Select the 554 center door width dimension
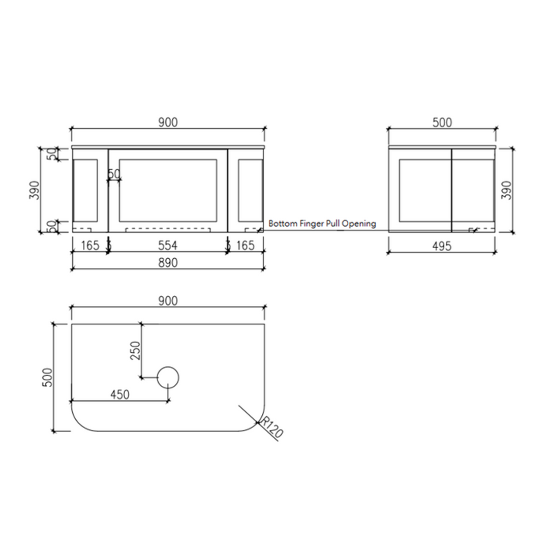click(x=167, y=246)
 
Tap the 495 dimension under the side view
click(x=442, y=246)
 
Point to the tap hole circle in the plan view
click(x=168, y=377)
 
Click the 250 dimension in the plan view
click(x=135, y=350)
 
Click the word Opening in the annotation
click(x=359, y=223)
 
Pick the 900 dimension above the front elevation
click(x=167, y=122)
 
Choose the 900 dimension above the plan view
click(x=167, y=301)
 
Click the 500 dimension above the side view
click(x=442, y=122)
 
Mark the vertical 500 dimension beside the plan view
click(x=48, y=377)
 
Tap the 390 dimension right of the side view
click(x=507, y=190)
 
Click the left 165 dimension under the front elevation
click(x=89, y=246)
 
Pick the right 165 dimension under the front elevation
click(x=246, y=246)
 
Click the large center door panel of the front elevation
click(x=168, y=190)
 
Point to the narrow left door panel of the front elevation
click(x=85, y=190)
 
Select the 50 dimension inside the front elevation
click(x=114, y=174)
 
